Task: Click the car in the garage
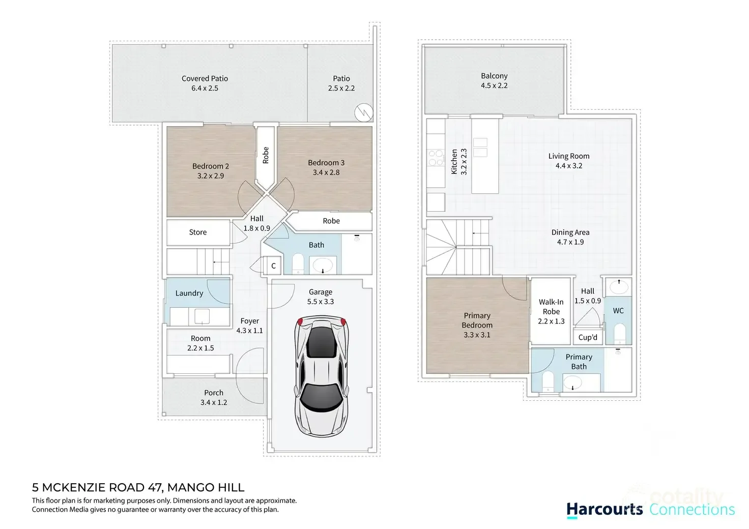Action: (x=321, y=376)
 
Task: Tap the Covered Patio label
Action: (x=205, y=78)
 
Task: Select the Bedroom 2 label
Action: (x=210, y=166)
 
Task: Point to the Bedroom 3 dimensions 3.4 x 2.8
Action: (x=326, y=172)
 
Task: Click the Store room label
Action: (x=198, y=232)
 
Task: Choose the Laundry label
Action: (x=189, y=293)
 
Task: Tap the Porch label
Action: (x=214, y=393)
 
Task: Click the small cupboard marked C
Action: (x=273, y=266)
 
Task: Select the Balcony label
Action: (x=494, y=76)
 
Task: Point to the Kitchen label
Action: (x=454, y=162)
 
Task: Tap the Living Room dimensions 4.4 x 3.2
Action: (x=568, y=166)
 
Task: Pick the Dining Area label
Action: (x=570, y=232)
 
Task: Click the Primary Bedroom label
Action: (x=477, y=320)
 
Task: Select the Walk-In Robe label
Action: (x=551, y=307)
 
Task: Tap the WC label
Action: (x=618, y=311)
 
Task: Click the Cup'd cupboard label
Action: (x=588, y=337)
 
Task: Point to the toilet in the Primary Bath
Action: (x=548, y=381)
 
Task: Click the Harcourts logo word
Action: (x=604, y=510)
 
